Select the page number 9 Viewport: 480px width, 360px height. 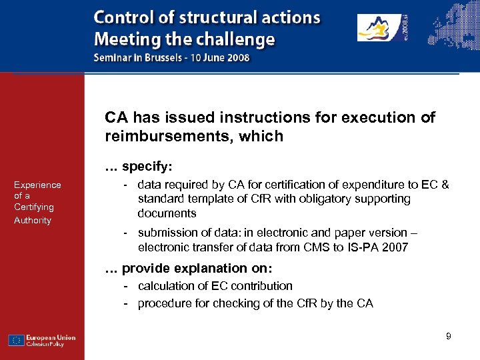[449, 336]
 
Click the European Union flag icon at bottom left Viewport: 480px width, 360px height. [17, 340]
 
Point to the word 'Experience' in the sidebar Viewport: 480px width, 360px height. [37, 185]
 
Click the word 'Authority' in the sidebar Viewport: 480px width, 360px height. [33, 220]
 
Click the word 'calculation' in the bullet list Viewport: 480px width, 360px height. [165, 285]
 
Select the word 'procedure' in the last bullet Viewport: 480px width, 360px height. [163, 303]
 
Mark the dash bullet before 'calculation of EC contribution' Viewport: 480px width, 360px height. [126, 285]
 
